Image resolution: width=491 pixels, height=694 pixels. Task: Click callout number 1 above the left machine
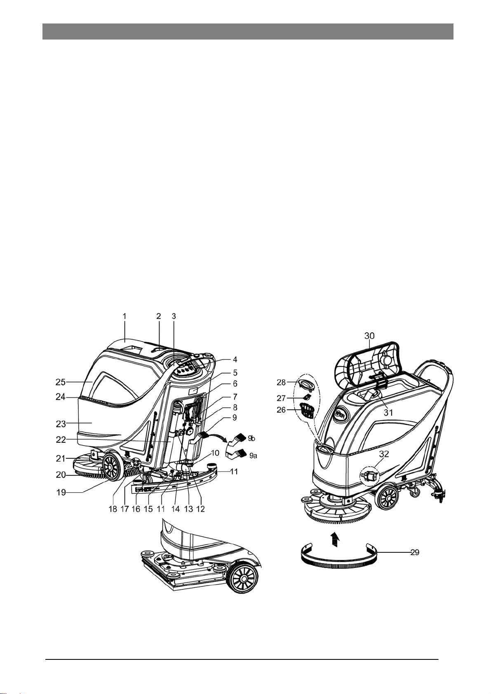(125, 316)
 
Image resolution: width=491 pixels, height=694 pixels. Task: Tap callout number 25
(61, 382)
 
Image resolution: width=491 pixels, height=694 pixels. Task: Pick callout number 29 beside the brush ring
(415, 552)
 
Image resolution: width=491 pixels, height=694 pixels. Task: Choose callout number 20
(61, 474)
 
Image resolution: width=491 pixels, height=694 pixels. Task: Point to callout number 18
(113, 509)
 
